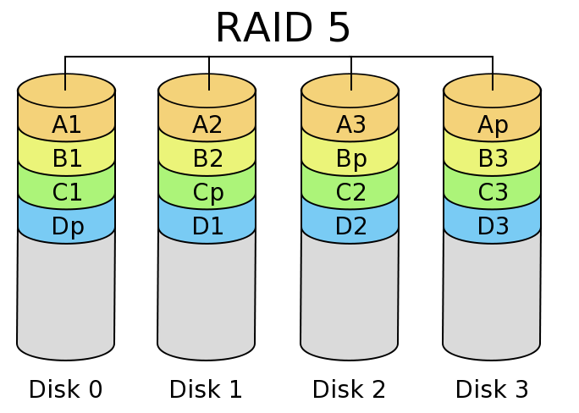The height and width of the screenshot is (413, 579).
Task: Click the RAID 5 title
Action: point(283,27)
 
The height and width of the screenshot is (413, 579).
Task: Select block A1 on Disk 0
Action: point(66,124)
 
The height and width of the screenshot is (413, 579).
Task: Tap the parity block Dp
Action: point(67,226)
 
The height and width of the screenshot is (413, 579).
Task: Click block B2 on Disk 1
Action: point(207,158)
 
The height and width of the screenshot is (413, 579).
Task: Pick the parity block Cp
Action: point(207,192)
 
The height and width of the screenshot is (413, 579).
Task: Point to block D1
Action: point(207,226)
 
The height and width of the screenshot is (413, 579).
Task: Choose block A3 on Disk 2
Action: point(350,124)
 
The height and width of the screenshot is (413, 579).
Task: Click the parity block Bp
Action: point(350,158)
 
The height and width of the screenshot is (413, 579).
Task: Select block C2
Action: point(350,192)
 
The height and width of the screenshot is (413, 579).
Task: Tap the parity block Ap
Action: point(493,124)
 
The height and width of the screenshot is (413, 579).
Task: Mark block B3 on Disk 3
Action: point(493,158)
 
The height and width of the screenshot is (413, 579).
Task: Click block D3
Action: point(493,226)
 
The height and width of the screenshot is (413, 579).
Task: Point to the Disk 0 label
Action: point(65,389)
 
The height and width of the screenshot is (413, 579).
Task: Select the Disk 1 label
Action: point(206,389)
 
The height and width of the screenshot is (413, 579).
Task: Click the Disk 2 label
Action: point(349,389)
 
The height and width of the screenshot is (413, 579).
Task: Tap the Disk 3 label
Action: point(492,389)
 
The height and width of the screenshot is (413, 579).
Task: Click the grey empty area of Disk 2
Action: point(349,296)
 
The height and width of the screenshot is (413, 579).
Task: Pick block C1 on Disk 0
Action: point(67,192)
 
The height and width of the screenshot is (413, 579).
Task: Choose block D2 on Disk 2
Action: point(350,226)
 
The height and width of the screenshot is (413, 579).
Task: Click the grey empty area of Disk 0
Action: point(65,296)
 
